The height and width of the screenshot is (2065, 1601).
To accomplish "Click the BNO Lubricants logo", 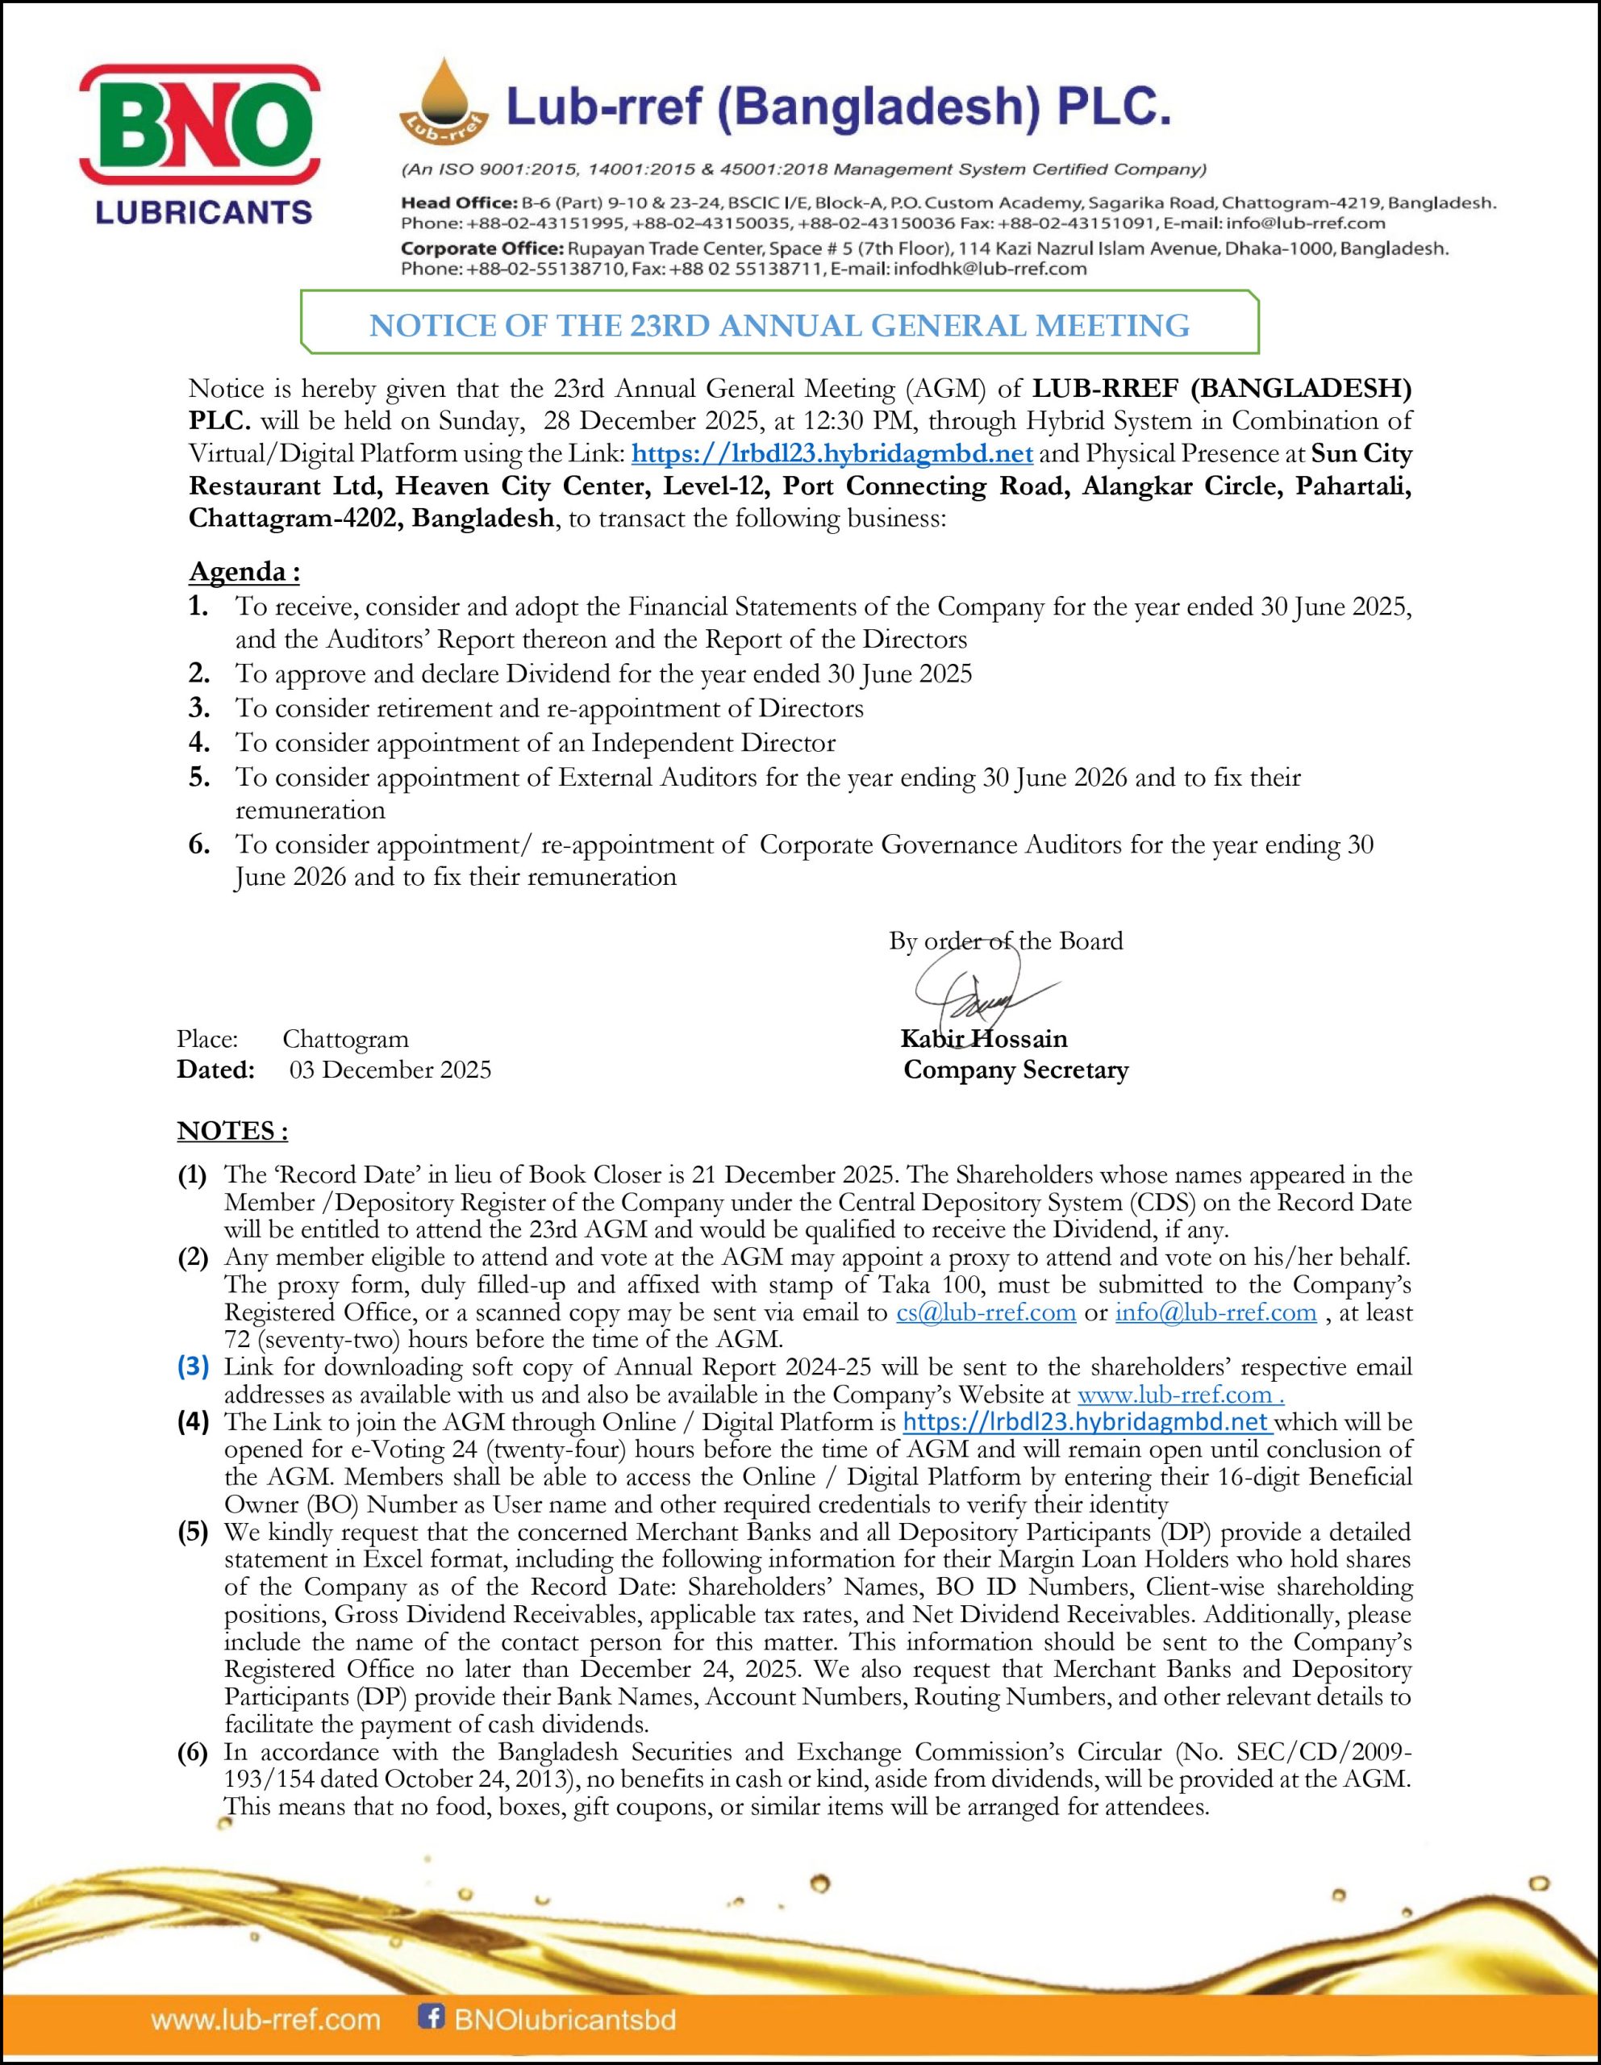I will [x=198, y=144].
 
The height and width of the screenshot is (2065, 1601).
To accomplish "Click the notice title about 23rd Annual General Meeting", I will [x=778, y=325].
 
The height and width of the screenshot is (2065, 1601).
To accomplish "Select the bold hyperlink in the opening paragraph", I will [x=832, y=454].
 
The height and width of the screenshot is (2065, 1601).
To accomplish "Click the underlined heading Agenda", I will [x=244, y=572].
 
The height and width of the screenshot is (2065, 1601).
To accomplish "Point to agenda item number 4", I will [x=198, y=743].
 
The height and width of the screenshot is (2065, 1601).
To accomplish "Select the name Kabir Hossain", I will [x=983, y=1038].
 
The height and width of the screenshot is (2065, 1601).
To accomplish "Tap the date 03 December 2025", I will [x=390, y=1070].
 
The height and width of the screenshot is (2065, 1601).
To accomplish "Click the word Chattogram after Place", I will [x=345, y=1039].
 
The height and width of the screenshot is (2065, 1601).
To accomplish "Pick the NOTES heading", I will [x=231, y=1131].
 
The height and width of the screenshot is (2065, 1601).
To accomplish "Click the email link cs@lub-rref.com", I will [x=986, y=1312].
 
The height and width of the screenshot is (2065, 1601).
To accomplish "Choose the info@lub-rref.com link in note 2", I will [x=1215, y=1312].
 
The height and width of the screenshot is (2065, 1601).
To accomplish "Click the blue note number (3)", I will [x=193, y=1367].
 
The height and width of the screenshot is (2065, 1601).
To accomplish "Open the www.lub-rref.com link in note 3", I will [x=1179, y=1395].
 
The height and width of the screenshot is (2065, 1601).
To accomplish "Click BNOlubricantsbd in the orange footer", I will [x=565, y=2020].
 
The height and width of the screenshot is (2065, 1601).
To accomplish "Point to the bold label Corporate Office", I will [x=481, y=248].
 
